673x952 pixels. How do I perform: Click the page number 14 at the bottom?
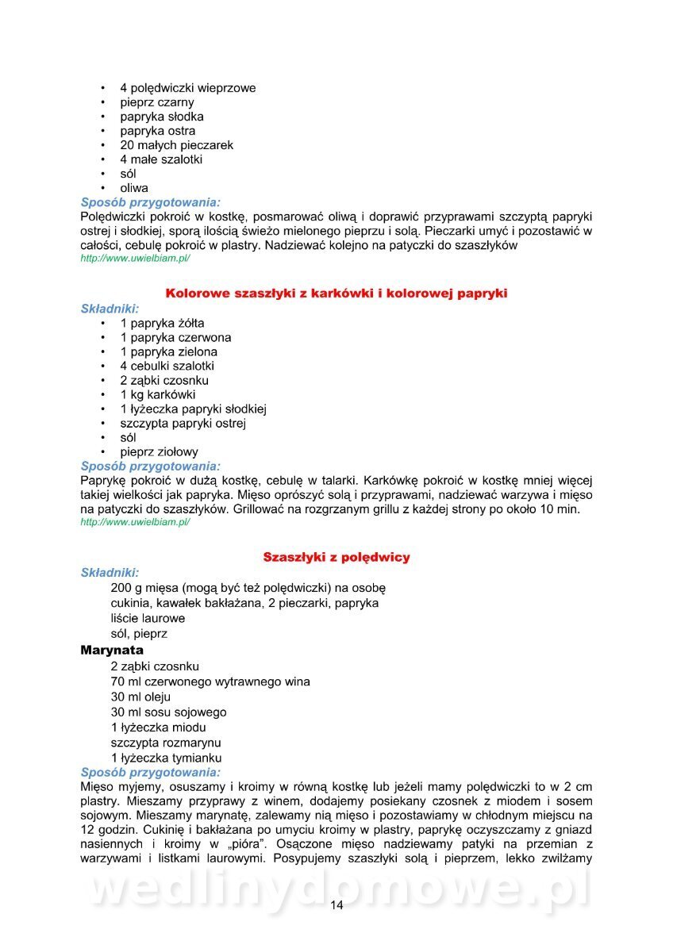pyautogui.click(x=336, y=906)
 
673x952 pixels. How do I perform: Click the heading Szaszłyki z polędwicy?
pyautogui.click(x=336, y=557)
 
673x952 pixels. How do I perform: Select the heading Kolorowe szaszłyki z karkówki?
pyautogui.click(x=336, y=294)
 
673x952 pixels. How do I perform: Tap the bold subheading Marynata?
pyautogui.click(x=112, y=650)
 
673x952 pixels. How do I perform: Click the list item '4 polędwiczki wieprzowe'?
pyautogui.click(x=188, y=88)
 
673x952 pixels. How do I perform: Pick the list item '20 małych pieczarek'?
pyautogui.click(x=176, y=145)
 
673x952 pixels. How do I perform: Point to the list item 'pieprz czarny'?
pyautogui.click(x=157, y=102)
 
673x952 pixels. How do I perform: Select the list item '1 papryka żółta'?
pyautogui.click(x=162, y=323)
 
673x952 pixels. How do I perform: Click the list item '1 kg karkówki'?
pyautogui.click(x=158, y=394)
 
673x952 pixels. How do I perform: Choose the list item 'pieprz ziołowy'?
pyautogui.click(x=159, y=451)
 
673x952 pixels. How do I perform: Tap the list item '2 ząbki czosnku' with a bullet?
pyautogui.click(x=164, y=380)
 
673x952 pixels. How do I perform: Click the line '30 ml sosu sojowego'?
pyautogui.click(x=168, y=712)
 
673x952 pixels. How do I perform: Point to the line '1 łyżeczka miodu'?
pyautogui.click(x=159, y=727)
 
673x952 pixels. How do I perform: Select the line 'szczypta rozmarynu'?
pyautogui.click(x=166, y=743)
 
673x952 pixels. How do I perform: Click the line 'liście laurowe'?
pyautogui.click(x=148, y=618)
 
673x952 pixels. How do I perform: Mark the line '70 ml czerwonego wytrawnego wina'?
pyautogui.click(x=210, y=681)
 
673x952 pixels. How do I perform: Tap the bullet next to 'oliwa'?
pyautogui.click(x=102, y=188)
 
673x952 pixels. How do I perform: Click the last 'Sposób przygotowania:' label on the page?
pyautogui.click(x=151, y=772)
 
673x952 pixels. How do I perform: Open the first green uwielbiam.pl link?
pyautogui.click(x=135, y=259)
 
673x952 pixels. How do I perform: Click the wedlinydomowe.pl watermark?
pyautogui.click(x=336, y=889)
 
